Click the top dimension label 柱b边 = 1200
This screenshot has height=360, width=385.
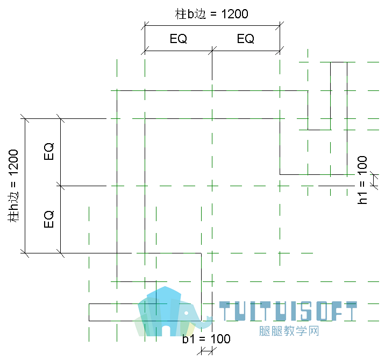pos(211,14)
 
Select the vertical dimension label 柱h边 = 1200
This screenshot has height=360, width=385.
pos(13,186)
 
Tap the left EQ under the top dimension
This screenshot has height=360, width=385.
pos(179,39)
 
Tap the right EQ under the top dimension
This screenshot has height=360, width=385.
pos(246,39)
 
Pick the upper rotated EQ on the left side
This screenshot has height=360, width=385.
pos(49,151)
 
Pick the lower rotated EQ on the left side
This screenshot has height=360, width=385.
pos(49,218)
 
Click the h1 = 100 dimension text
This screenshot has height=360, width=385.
pos(362,180)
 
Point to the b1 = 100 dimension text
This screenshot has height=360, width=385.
pos(206,339)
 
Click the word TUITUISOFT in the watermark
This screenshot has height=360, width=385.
pos(288,311)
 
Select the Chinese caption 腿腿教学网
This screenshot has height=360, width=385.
pos(289,331)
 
